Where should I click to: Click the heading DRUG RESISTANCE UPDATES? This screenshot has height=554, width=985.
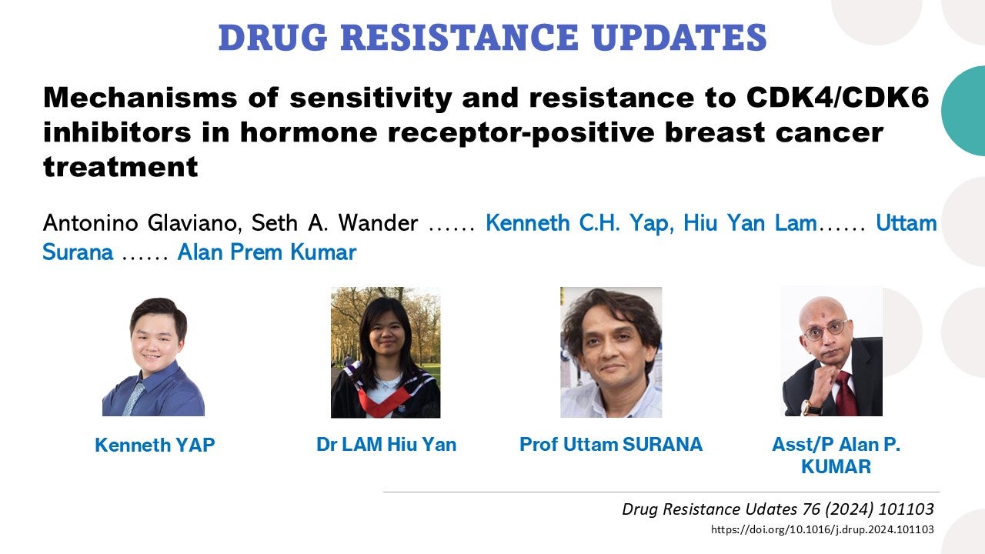tap(492, 38)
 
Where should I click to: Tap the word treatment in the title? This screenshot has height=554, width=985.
tap(121, 165)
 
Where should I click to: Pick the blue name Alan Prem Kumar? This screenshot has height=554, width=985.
tap(266, 252)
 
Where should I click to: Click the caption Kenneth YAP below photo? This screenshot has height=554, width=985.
tap(155, 445)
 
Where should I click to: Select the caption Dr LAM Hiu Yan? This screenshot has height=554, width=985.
tap(386, 444)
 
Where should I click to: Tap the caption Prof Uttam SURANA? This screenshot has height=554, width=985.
tap(611, 444)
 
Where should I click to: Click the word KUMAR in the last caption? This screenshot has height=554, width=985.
tap(836, 466)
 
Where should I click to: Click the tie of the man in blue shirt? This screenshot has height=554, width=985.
tap(134, 397)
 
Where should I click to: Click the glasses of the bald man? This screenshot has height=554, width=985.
tap(824, 332)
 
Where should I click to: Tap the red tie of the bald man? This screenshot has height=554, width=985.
tap(844, 392)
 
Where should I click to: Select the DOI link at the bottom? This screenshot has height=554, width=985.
tap(823, 529)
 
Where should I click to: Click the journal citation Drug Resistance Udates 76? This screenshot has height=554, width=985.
tap(777, 509)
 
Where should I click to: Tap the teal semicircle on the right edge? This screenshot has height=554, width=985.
tap(967, 110)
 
